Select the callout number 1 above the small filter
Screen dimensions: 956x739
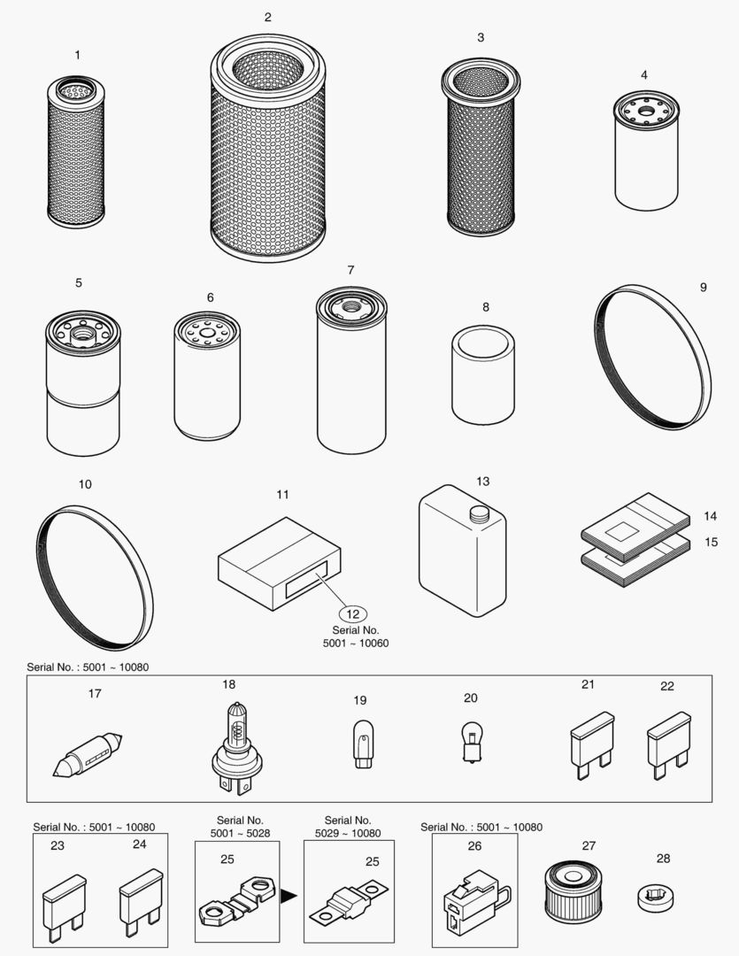click(x=77, y=55)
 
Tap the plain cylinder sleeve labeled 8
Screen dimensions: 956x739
click(x=482, y=375)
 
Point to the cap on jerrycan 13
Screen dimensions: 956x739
click(x=479, y=513)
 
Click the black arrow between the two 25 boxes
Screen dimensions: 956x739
click(x=288, y=897)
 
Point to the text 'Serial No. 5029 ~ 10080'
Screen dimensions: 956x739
click(x=347, y=827)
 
